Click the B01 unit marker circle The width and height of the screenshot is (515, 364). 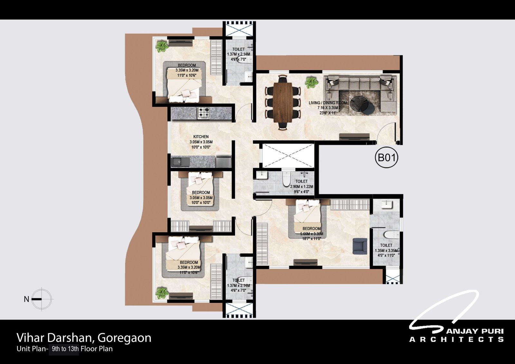coord(387,158)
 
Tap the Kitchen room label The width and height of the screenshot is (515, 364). coord(201,137)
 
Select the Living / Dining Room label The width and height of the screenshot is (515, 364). coord(328,103)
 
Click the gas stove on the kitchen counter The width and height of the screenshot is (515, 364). coord(204,113)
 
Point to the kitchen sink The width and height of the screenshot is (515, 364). coord(181,162)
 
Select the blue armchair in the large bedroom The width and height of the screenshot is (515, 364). coord(360,246)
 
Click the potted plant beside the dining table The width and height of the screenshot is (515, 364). coord(312,82)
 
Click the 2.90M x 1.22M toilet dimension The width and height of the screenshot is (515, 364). coord(301,187)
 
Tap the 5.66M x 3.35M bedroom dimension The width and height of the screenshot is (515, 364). coord(312,234)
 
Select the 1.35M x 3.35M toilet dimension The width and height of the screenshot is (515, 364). coord(386,251)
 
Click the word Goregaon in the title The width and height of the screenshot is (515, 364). coord(124,338)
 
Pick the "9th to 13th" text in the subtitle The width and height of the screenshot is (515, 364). coord(65,349)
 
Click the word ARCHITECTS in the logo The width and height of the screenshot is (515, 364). coord(456,340)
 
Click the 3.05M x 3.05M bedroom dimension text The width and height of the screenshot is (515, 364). coord(201,198)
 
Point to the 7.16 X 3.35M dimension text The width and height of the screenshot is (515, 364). coord(328,108)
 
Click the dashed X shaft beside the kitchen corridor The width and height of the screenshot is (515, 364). coord(288,156)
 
